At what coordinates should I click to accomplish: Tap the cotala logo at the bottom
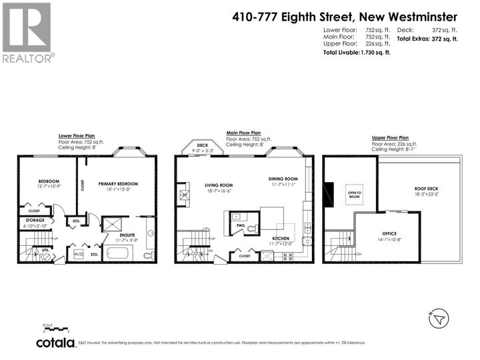(55, 342)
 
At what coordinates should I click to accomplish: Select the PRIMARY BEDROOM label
(118, 183)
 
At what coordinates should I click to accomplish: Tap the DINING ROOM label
(283, 179)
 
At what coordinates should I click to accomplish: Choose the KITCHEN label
(280, 238)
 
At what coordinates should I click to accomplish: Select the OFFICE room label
(389, 233)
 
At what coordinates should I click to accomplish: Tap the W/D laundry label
(79, 254)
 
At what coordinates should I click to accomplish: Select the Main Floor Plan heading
(243, 133)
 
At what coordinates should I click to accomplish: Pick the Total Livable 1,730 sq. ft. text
(357, 53)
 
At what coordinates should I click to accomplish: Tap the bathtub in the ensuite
(119, 253)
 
